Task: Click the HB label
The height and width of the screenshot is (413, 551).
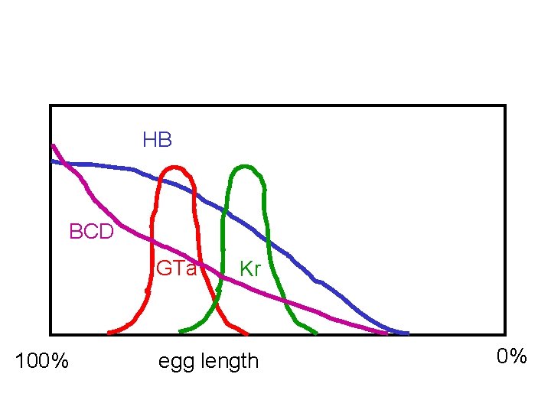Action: tap(157, 140)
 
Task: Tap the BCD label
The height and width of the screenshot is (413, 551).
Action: tap(91, 232)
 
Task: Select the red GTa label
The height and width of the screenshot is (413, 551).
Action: tap(176, 268)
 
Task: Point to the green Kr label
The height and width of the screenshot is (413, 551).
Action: tap(250, 268)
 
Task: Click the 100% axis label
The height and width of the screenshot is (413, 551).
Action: tap(42, 360)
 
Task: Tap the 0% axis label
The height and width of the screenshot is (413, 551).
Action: tap(511, 356)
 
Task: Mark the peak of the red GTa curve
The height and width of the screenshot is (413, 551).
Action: tap(176, 167)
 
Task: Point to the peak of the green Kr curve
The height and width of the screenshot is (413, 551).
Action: tap(244, 166)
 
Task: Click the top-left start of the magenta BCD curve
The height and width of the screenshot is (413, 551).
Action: tap(52, 145)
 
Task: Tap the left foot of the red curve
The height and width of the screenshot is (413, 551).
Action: tap(109, 333)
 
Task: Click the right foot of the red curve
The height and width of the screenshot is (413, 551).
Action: tap(247, 334)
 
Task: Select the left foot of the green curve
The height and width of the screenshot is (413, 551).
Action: tap(181, 332)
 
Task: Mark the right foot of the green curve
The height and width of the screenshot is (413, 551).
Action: tap(316, 333)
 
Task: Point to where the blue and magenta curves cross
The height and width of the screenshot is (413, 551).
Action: tap(67, 164)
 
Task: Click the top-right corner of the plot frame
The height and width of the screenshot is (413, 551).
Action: tap(505, 106)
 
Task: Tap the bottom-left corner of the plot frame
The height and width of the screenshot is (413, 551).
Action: tap(51, 334)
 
